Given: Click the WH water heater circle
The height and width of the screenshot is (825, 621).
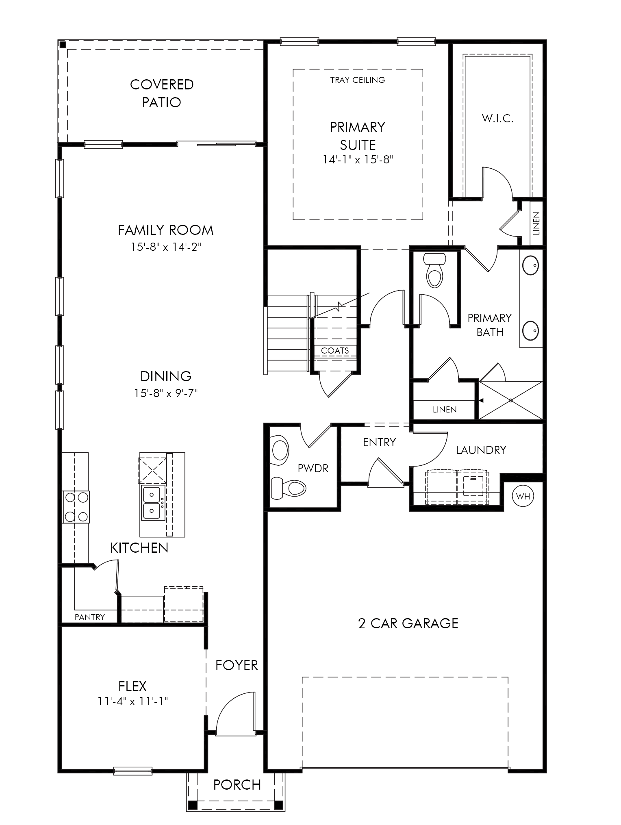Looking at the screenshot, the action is (523, 496).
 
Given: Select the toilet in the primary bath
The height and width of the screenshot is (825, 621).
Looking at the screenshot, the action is (434, 270).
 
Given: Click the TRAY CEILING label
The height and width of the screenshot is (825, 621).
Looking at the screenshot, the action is (358, 80).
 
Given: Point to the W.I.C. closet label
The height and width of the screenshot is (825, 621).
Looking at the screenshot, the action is (498, 119).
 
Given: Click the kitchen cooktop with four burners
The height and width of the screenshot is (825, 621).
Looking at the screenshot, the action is (76, 507).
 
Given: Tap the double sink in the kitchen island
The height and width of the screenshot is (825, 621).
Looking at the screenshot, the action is (153, 503).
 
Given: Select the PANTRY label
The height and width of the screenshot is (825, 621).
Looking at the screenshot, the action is (90, 617).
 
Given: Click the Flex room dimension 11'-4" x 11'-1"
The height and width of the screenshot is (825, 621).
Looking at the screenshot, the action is (133, 701).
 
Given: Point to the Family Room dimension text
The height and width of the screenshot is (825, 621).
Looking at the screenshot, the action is (166, 247).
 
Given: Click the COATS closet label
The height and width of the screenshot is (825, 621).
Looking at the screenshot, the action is (335, 350).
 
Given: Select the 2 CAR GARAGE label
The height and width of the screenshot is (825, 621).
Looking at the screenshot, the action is (408, 623).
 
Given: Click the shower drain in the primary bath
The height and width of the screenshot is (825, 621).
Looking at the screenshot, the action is (511, 400).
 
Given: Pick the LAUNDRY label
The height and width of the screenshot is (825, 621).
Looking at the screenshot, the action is (481, 450).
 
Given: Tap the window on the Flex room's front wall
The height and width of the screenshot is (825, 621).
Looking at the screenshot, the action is (133, 771).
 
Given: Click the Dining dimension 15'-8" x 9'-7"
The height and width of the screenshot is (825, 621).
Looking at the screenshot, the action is (166, 393).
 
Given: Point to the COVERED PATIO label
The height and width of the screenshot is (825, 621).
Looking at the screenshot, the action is (162, 93).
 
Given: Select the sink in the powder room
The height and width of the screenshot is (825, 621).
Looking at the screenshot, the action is (280, 450).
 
